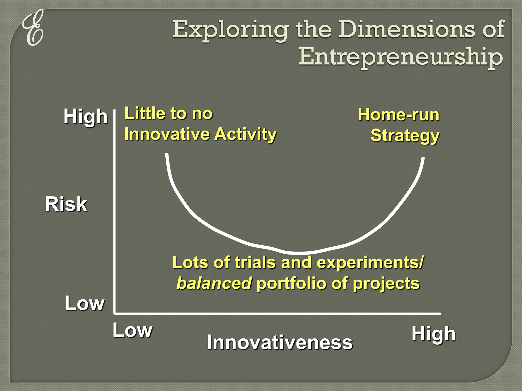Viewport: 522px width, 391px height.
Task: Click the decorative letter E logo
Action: [33, 28]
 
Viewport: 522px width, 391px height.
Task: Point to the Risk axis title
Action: [66, 204]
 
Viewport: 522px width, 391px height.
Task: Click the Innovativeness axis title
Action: [280, 342]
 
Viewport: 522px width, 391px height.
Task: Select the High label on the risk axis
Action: [85, 117]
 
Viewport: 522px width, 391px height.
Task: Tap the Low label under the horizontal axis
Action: [133, 330]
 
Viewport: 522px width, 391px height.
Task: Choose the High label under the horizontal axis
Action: [434, 334]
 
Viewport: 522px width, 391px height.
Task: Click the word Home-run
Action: [399, 115]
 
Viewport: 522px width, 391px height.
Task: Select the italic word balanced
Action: [214, 283]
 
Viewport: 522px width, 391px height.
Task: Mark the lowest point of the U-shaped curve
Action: [300, 253]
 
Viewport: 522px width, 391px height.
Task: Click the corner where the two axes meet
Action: [115, 313]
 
